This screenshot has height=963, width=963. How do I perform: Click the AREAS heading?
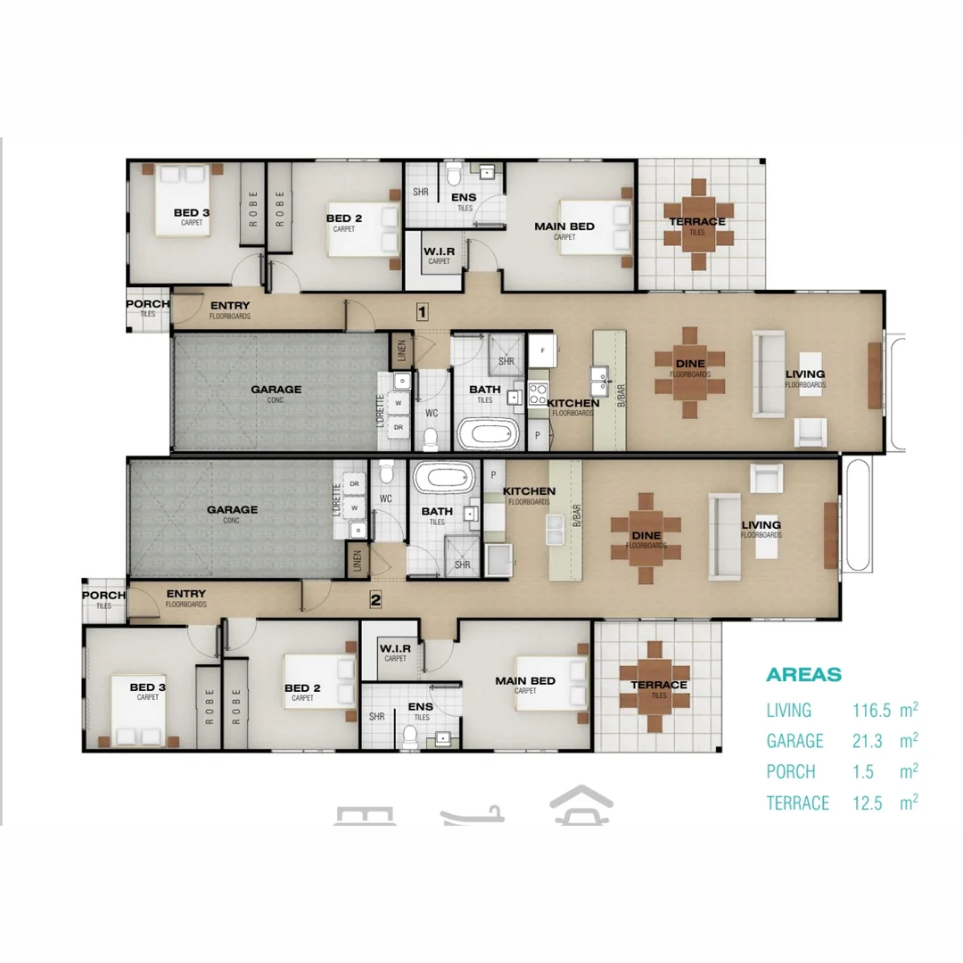[803, 675]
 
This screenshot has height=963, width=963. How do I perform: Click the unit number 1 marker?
[423, 311]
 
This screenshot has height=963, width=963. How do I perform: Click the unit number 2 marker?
[375, 600]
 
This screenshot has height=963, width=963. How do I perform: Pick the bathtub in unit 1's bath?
[488, 434]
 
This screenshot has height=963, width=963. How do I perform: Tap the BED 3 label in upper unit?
[192, 212]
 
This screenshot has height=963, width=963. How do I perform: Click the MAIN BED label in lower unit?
[525, 681]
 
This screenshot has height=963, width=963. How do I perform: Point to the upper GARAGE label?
[276, 390]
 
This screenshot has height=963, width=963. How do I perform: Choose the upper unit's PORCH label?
[148, 304]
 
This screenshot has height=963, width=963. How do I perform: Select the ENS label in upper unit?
[464, 198]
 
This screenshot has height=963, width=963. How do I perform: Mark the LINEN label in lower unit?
[356, 561]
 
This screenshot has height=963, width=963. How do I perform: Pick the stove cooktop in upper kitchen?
[539, 393]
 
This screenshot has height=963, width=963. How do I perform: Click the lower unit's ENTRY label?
[185, 595]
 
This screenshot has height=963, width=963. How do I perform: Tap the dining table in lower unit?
[646, 539]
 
